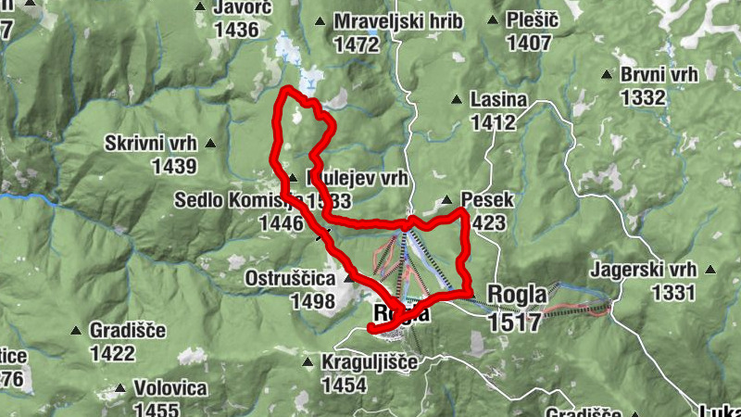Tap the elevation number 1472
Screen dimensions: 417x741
[358, 43]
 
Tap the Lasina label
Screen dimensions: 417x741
[498, 99]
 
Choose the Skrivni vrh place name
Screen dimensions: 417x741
[150, 144]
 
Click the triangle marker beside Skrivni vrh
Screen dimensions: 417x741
[211, 144]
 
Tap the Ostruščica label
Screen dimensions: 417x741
[291, 278]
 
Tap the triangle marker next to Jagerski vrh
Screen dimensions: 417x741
[710, 271]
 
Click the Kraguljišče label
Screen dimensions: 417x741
[370, 362]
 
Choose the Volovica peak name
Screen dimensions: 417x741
[170, 388]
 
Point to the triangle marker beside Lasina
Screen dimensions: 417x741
[456, 99]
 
